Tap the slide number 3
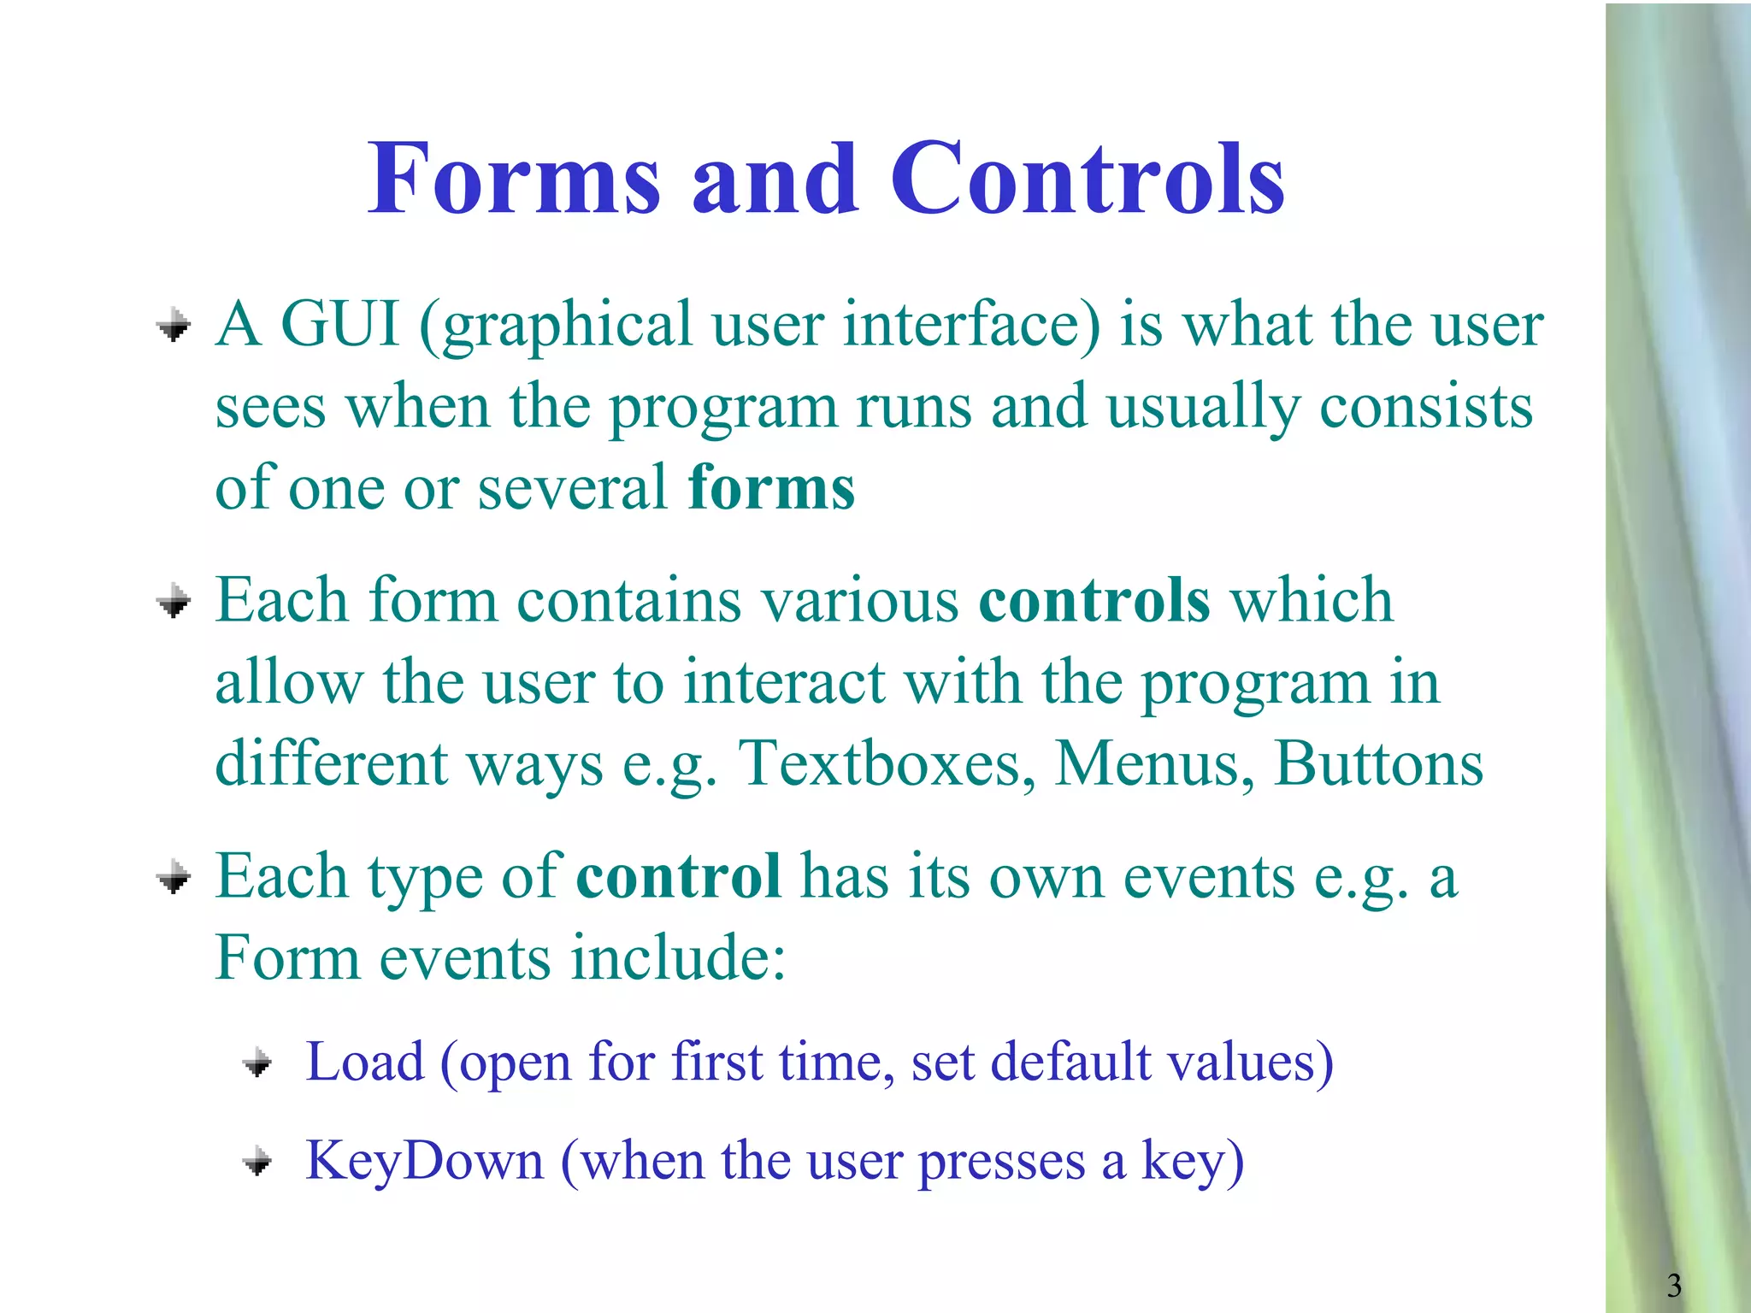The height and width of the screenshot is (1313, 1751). (1674, 1285)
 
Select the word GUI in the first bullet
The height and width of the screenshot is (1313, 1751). (340, 325)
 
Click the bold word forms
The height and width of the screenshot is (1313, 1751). (771, 487)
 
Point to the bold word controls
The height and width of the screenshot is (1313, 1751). (1094, 600)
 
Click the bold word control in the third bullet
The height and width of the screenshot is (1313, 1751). (678, 876)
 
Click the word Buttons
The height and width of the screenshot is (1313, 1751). (1378, 763)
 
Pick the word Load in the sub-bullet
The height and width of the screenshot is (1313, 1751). (365, 1063)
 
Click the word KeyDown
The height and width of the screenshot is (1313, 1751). (425, 1162)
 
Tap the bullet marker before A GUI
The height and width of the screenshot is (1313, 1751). (174, 326)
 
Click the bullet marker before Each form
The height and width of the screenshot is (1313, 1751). (174, 602)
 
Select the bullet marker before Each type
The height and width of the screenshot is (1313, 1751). (174, 878)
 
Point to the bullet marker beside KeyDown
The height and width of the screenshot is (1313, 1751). (257, 1163)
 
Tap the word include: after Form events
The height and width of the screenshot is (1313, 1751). (678, 957)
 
